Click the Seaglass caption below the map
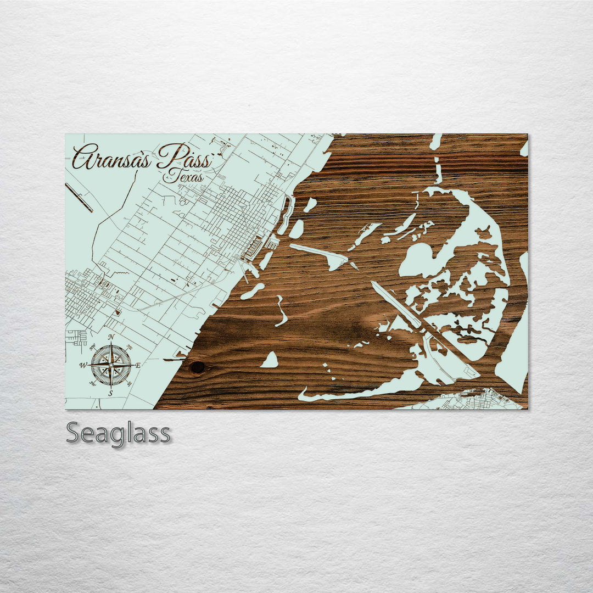tap(118, 433)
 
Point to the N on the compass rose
tap(111, 337)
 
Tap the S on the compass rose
tap(110, 393)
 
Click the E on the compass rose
tap(138, 365)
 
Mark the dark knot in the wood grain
tap(197, 366)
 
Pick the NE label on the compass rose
tap(129, 347)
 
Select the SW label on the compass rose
tap(92, 384)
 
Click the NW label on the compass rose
tap(92, 347)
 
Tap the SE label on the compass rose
tap(130, 384)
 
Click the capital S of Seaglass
tap(74, 433)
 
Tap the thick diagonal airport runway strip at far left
tap(79, 197)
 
